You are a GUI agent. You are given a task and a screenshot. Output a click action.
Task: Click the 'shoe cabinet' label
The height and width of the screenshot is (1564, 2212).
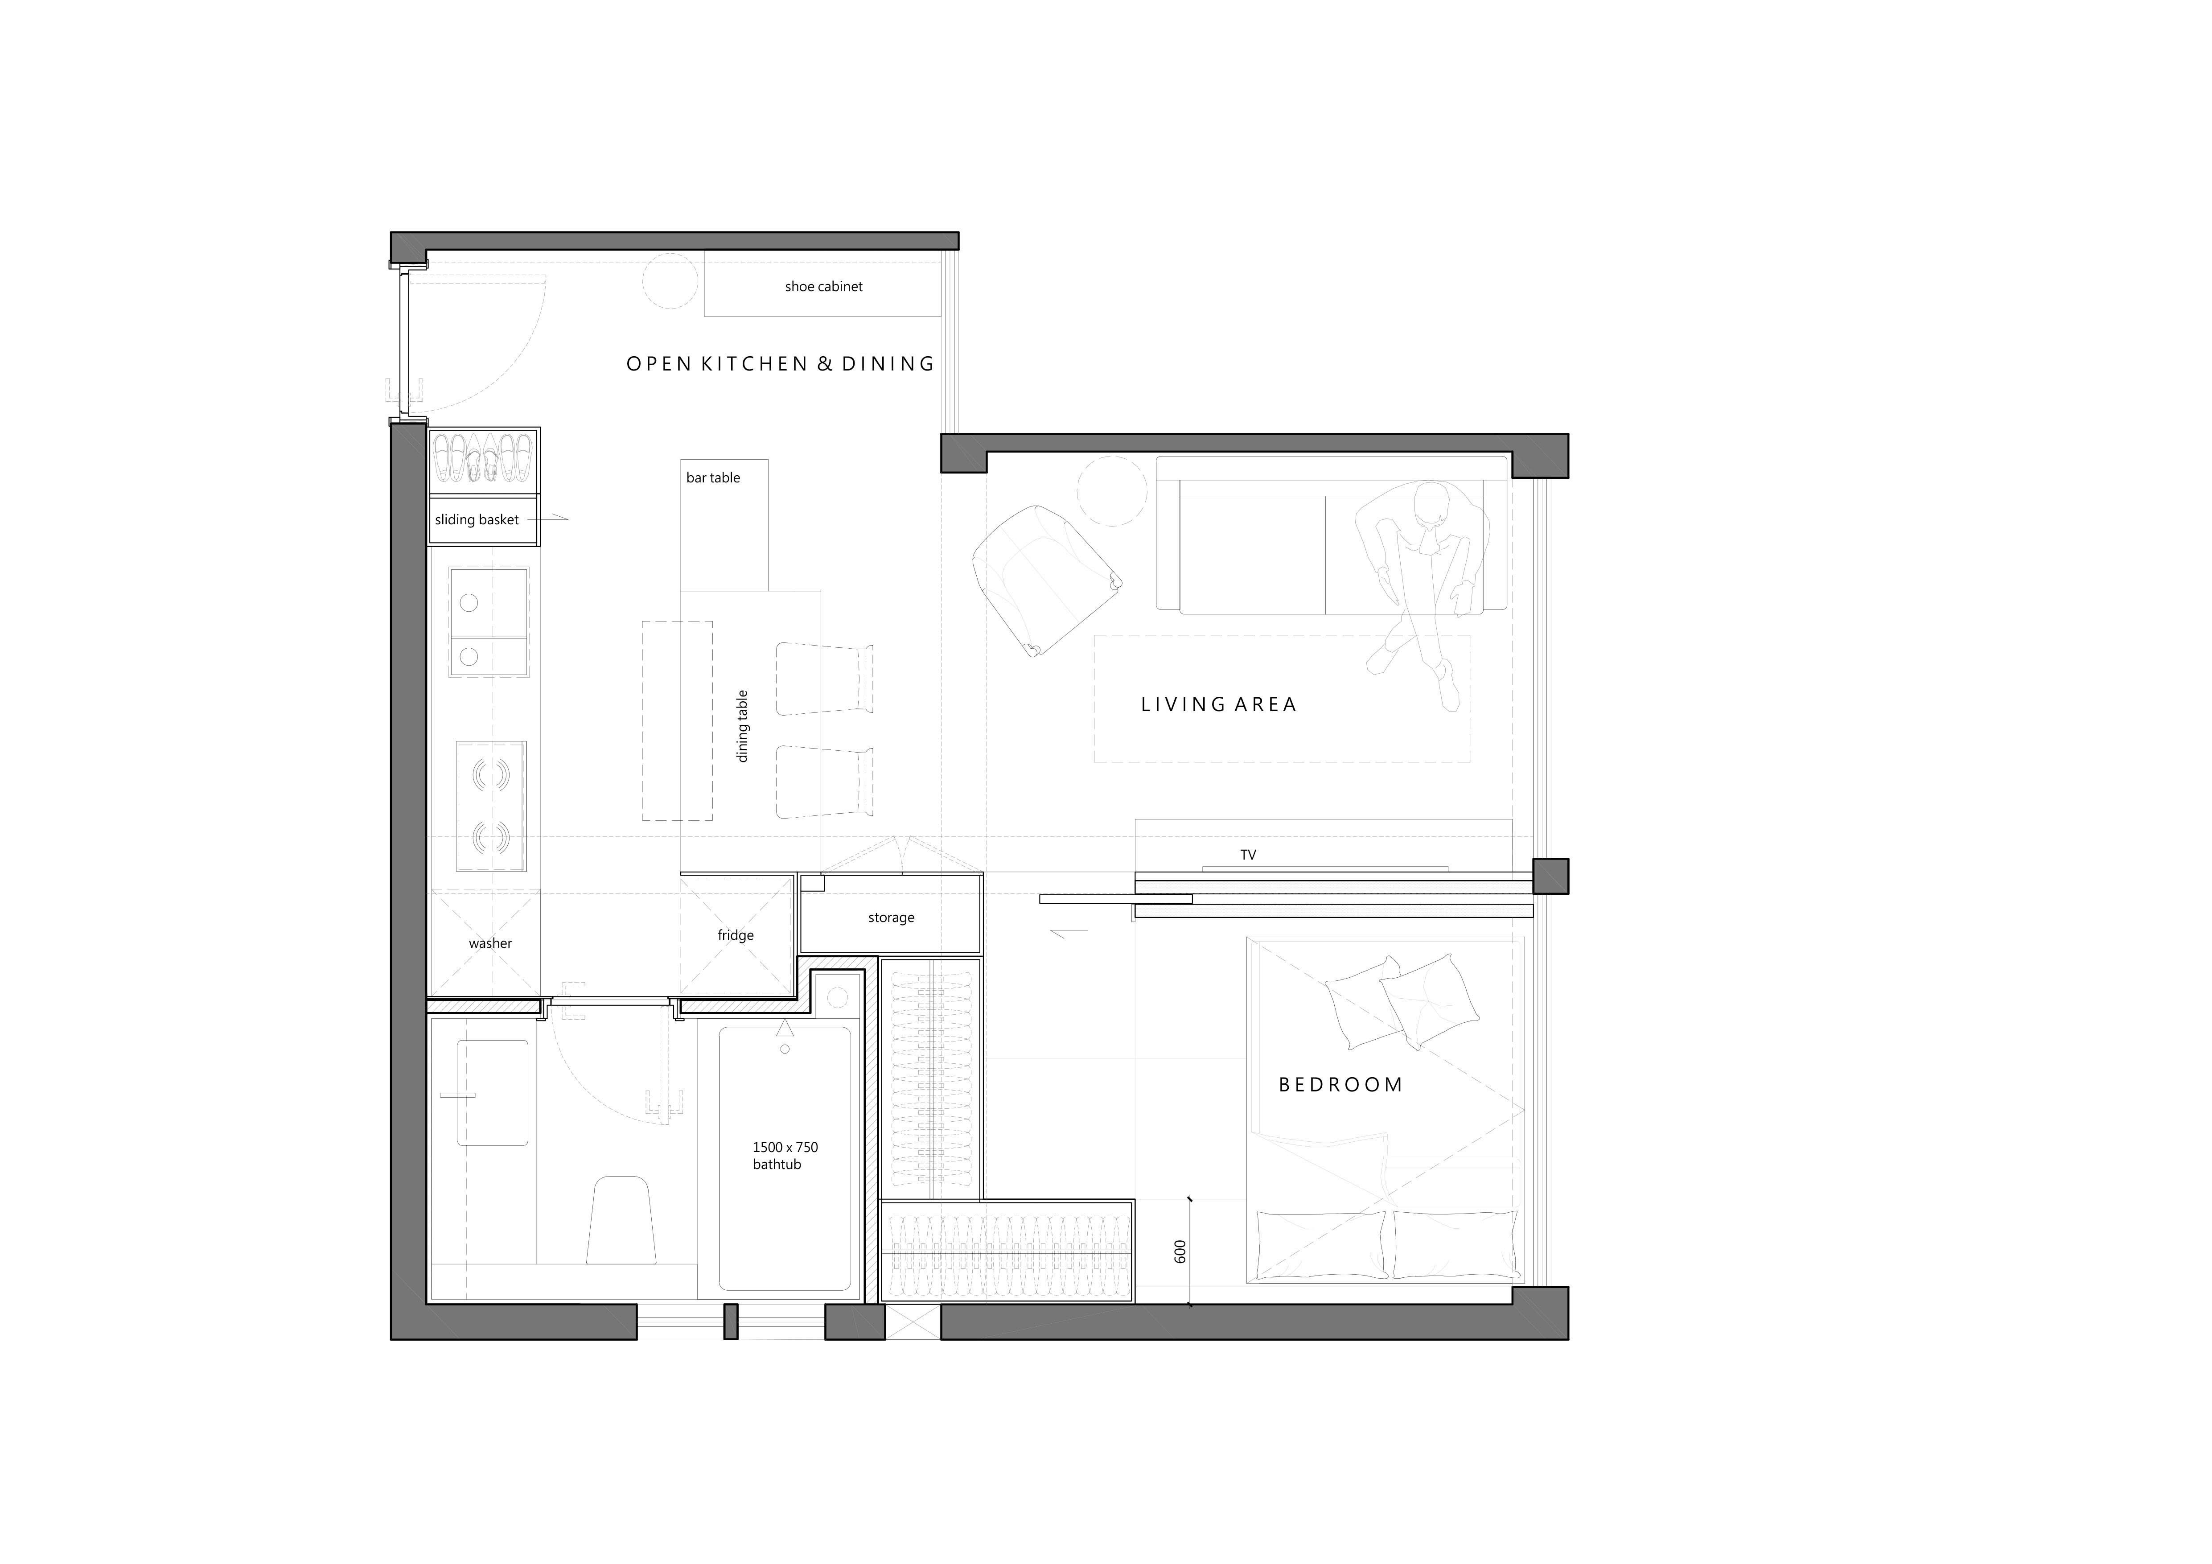824,286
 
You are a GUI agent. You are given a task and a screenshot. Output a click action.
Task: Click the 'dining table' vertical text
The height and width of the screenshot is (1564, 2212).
742,726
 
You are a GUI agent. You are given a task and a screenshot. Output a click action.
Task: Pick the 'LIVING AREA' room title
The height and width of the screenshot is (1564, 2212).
1219,704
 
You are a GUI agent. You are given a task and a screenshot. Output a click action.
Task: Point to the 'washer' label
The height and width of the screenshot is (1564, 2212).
490,943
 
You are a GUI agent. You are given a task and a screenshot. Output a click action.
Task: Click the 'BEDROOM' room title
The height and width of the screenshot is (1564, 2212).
1340,1085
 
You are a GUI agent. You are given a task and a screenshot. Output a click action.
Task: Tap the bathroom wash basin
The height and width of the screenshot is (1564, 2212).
492,1093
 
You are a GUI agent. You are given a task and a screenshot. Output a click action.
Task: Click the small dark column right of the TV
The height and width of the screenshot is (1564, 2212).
1550,876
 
